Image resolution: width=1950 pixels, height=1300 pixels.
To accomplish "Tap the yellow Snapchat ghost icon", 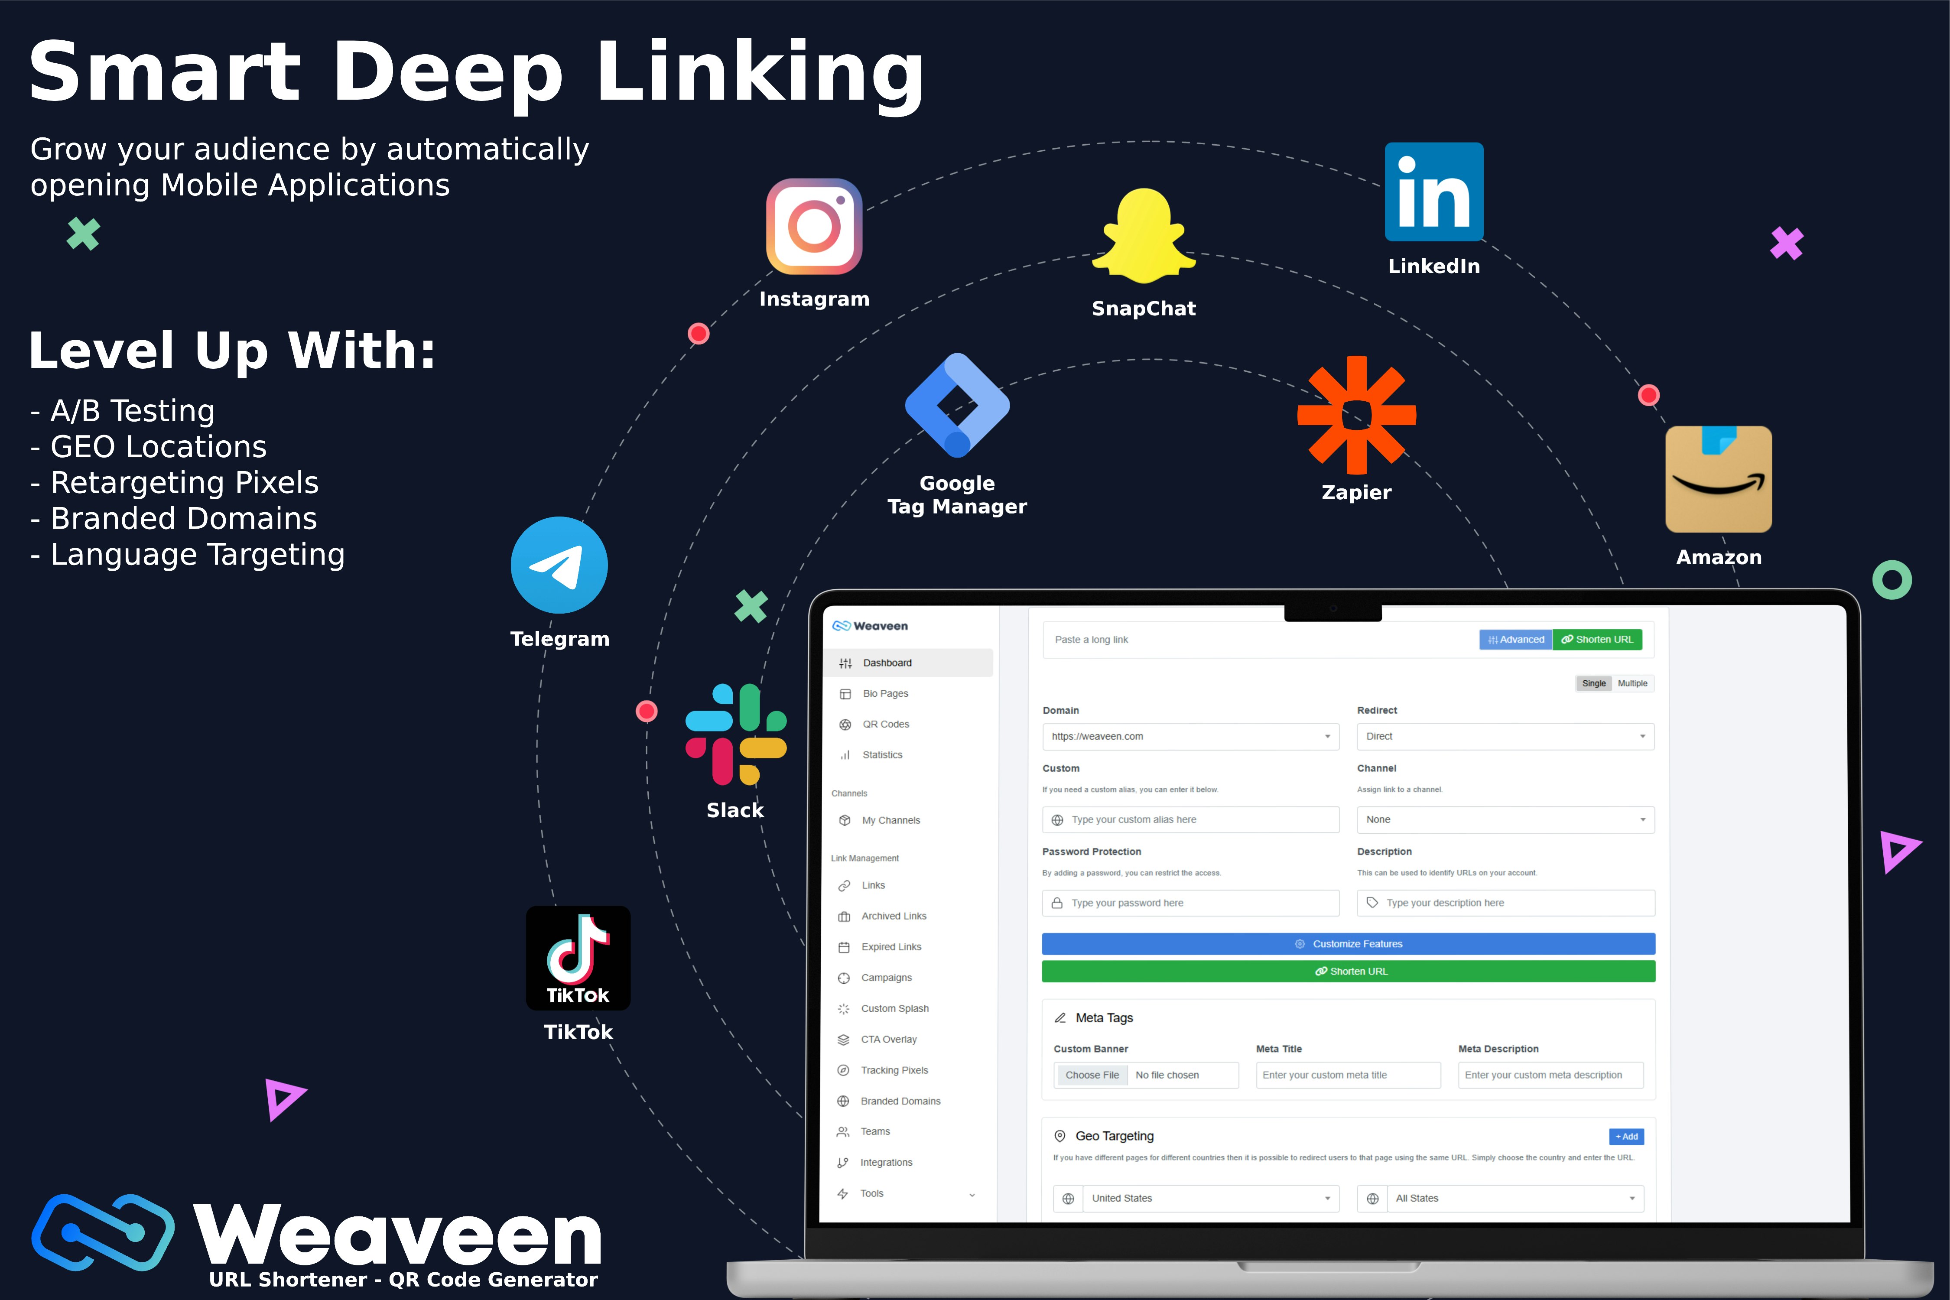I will pos(1144,236).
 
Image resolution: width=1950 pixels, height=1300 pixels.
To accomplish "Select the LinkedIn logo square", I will pos(1433,192).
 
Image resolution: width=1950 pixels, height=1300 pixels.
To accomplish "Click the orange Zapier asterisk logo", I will pos(1356,415).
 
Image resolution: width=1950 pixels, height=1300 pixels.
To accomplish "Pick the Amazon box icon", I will pos(1719,479).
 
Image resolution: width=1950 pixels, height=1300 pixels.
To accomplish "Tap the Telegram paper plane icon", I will pos(559,565).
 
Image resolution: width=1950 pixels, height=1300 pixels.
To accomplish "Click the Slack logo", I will pos(735,734).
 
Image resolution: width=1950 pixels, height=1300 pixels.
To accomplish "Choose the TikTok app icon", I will pos(578,958).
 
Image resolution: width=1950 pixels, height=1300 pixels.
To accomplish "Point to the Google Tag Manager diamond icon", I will pos(958,405).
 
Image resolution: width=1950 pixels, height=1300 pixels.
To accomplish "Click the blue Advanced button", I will pos(1515,639).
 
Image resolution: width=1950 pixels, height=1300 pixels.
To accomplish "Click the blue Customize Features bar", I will pos(1348,943).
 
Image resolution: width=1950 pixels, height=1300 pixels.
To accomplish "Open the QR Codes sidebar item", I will pos(885,724).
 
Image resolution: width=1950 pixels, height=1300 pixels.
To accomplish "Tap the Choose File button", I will pos(1092,1075).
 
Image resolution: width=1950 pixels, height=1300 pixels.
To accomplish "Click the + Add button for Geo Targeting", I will pos(1626,1136).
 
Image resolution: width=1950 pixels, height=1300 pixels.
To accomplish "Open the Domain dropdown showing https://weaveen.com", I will pos(1190,736).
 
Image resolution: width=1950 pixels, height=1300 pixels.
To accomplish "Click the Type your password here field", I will pos(1190,903).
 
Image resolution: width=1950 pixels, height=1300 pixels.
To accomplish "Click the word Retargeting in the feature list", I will pos(138,483).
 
